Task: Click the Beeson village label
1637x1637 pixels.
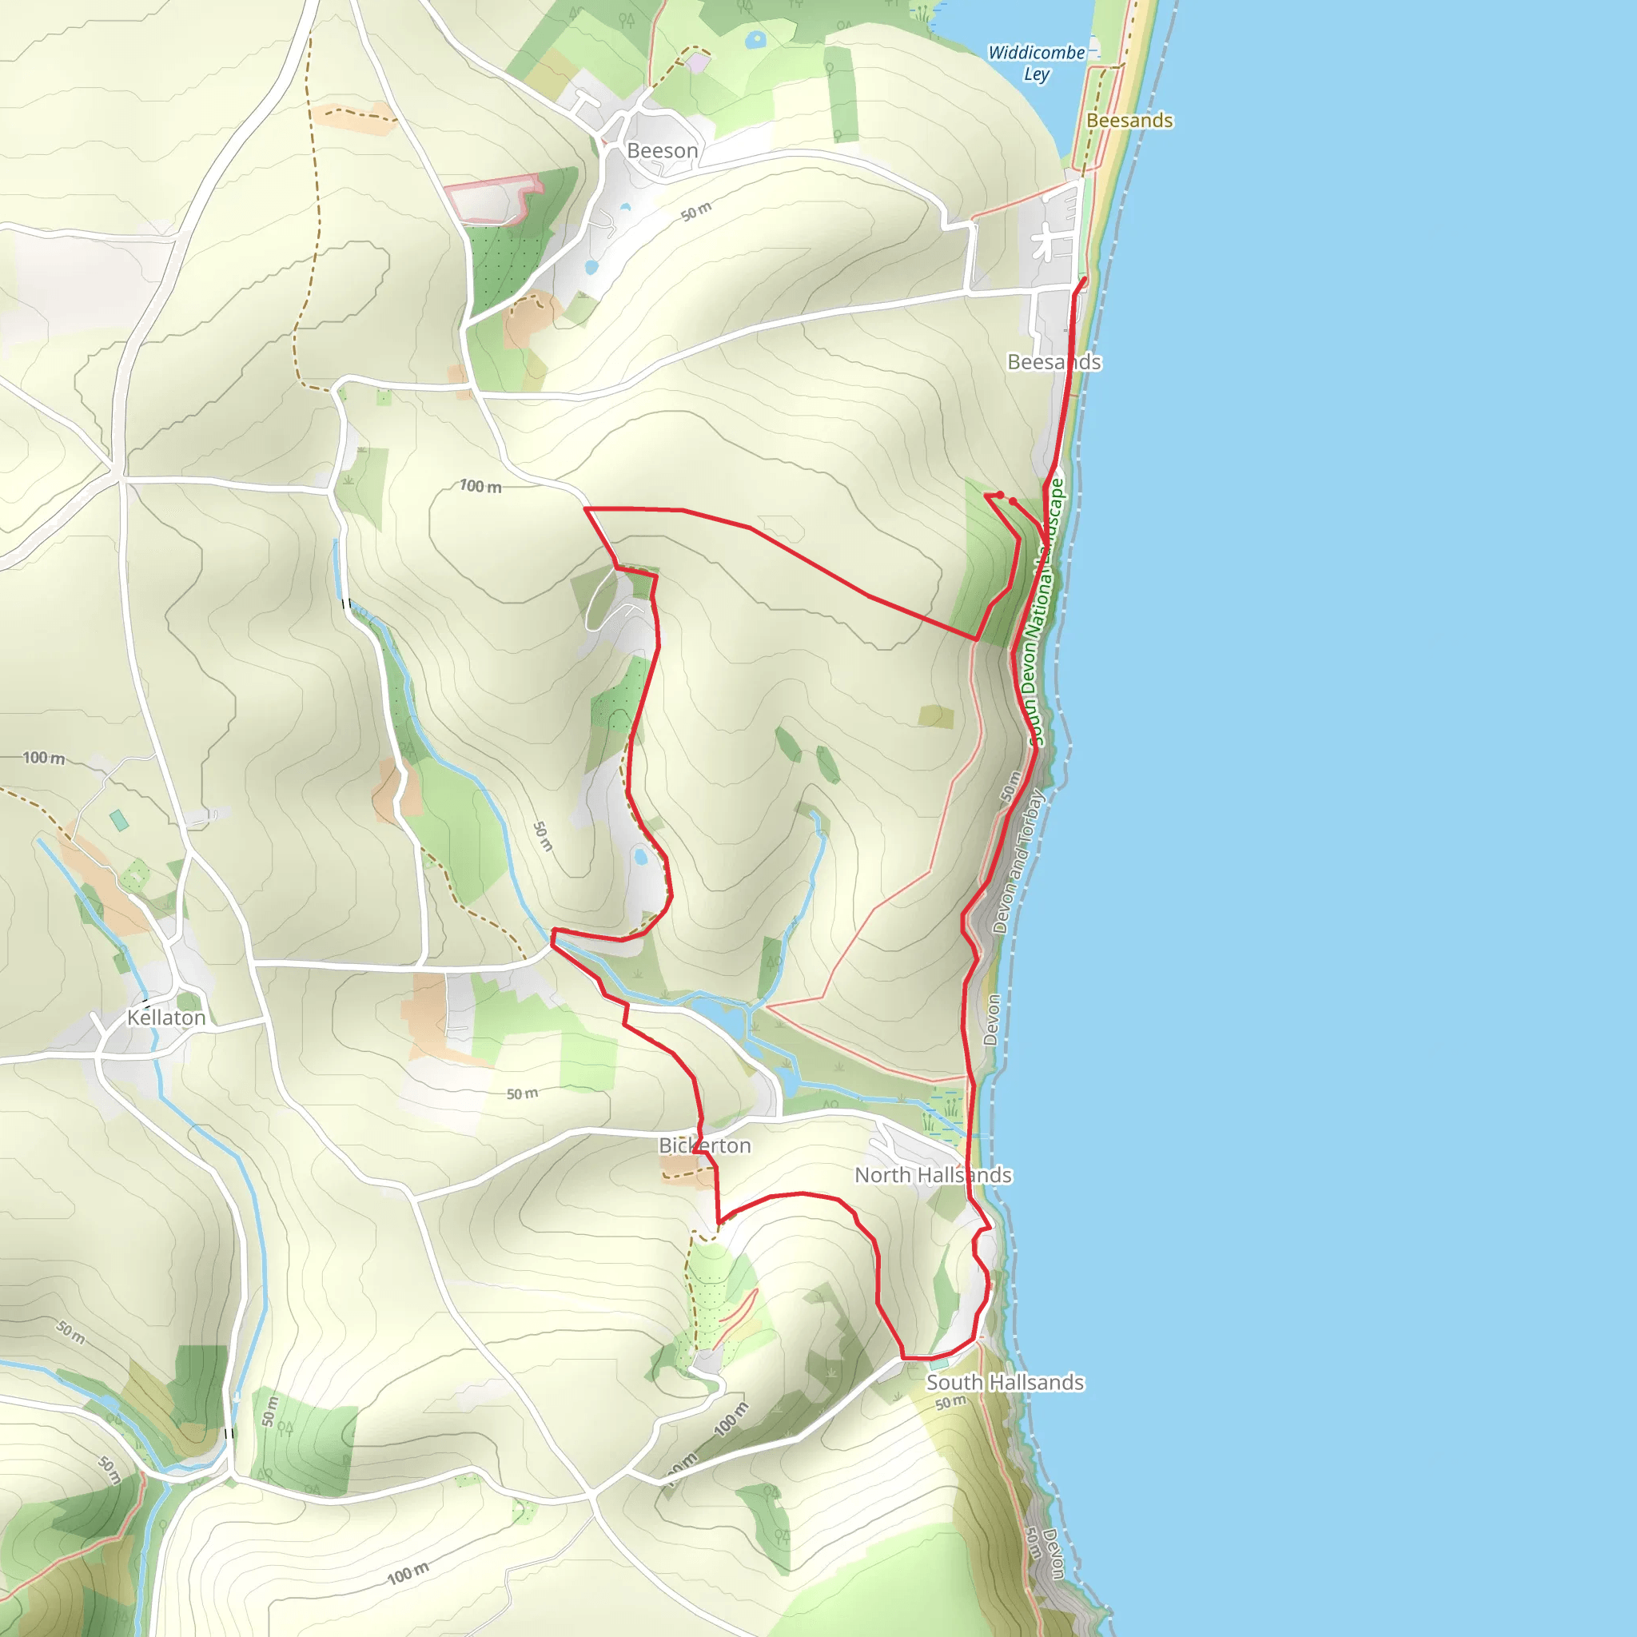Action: (x=662, y=151)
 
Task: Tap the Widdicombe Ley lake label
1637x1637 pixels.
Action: (x=1035, y=62)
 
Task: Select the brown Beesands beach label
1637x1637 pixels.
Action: (x=1129, y=121)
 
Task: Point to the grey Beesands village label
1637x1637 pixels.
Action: (x=1053, y=362)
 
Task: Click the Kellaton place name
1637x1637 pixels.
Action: (x=166, y=1018)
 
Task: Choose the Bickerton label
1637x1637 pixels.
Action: (x=704, y=1145)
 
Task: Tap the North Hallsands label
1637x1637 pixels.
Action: (x=932, y=1174)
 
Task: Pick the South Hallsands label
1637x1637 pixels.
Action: (x=1004, y=1382)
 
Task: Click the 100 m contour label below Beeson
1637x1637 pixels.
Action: (x=480, y=486)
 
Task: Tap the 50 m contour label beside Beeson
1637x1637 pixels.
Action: (x=695, y=212)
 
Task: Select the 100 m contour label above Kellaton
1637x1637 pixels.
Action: (x=43, y=758)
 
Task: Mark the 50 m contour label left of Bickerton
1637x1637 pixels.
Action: (x=522, y=1094)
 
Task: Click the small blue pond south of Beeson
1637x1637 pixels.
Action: (x=591, y=268)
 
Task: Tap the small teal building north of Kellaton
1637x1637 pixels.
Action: (x=119, y=819)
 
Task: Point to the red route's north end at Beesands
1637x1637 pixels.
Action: (x=1084, y=279)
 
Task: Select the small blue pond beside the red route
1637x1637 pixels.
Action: (x=640, y=857)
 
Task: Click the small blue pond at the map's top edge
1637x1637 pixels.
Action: (x=754, y=39)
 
